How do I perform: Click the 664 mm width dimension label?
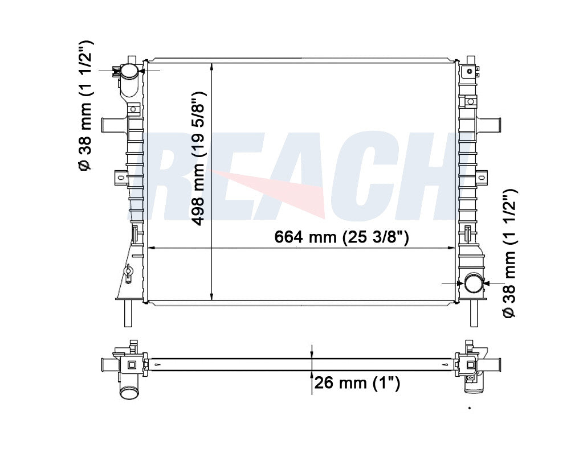(x=341, y=237)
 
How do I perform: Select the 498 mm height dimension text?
(x=198, y=159)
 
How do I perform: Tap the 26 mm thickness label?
(x=357, y=382)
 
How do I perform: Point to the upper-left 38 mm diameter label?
(x=85, y=105)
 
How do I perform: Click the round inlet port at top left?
(x=129, y=71)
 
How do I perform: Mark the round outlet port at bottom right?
(x=473, y=283)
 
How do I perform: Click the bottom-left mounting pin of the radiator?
(x=128, y=313)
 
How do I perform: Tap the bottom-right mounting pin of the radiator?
(x=474, y=313)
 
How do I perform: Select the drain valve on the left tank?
(x=128, y=273)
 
